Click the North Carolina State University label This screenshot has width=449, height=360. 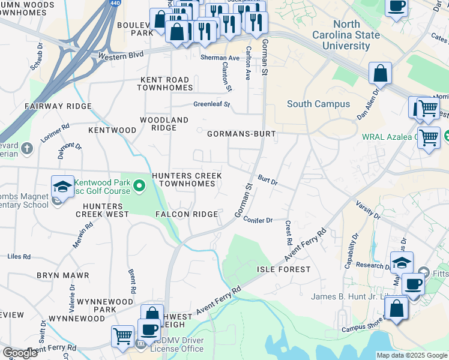(x=347, y=35)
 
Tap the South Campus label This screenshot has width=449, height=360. (x=318, y=104)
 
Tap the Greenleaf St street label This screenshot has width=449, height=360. (x=212, y=104)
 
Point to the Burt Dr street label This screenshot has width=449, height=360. (x=268, y=179)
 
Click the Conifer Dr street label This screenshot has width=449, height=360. (x=258, y=220)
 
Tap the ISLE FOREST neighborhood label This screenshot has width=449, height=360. (x=284, y=269)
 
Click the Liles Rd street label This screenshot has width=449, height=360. (x=19, y=256)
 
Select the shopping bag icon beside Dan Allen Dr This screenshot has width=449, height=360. (x=380, y=74)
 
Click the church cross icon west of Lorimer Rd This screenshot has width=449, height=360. (x=26, y=147)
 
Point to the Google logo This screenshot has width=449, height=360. (x=20, y=353)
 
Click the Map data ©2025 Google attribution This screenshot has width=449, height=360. (x=412, y=355)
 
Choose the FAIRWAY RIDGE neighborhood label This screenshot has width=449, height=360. (x=58, y=106)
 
